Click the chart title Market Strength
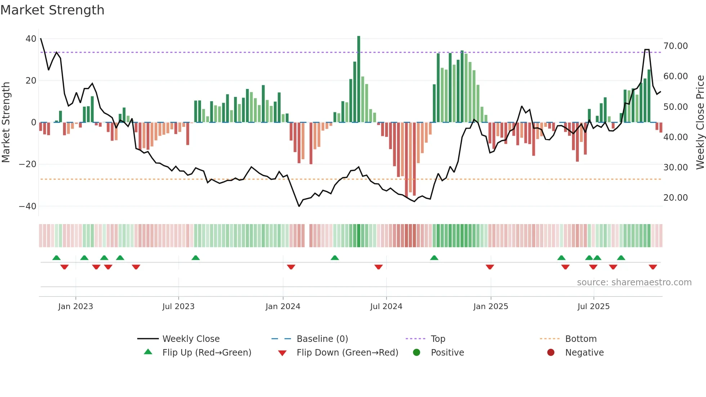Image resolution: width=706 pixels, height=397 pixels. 53,10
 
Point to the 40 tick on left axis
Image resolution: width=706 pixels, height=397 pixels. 31,39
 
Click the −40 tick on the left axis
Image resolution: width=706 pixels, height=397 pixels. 28,206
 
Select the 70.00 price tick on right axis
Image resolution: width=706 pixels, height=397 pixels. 675,46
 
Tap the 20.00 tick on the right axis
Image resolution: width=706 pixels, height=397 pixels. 675,198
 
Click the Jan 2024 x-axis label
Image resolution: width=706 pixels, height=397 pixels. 283,307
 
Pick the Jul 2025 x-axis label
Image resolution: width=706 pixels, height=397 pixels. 593,307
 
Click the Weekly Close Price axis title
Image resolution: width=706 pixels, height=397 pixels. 700,122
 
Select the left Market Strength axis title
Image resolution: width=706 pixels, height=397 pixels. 6,122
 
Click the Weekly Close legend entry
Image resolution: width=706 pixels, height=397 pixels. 191,339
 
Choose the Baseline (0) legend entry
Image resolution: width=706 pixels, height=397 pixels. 322,339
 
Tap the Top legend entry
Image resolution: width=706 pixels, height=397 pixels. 438,339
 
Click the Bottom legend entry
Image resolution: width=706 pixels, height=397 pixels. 581,339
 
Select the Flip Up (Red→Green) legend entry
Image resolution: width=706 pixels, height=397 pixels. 206,353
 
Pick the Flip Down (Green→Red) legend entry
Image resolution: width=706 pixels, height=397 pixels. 347,353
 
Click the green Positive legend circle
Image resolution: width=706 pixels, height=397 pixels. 417,353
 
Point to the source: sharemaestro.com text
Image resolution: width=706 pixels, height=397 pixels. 634,282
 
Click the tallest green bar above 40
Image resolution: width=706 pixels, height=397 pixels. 359,79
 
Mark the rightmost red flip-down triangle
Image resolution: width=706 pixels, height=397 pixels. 653,267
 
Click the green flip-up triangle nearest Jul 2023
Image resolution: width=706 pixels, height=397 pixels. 196,258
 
